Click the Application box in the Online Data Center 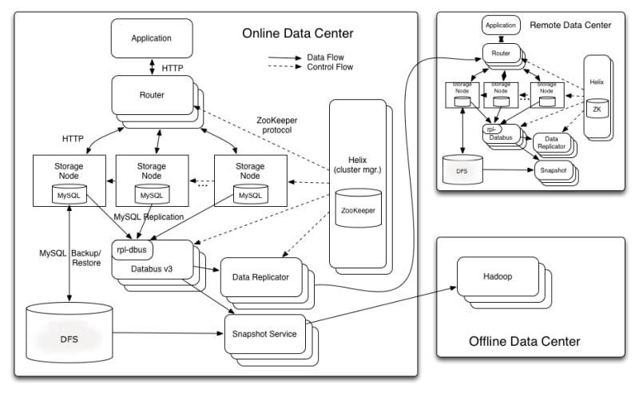[151, 38]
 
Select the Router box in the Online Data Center [151, 95]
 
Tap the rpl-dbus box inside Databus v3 [133, 248]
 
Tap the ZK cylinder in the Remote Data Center [595, 109]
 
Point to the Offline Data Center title [525, 342]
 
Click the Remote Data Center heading [570, 26]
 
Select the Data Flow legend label [324, 58]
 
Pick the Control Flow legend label [329, 67]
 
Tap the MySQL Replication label [149, 216]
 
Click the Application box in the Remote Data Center [500, 26]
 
